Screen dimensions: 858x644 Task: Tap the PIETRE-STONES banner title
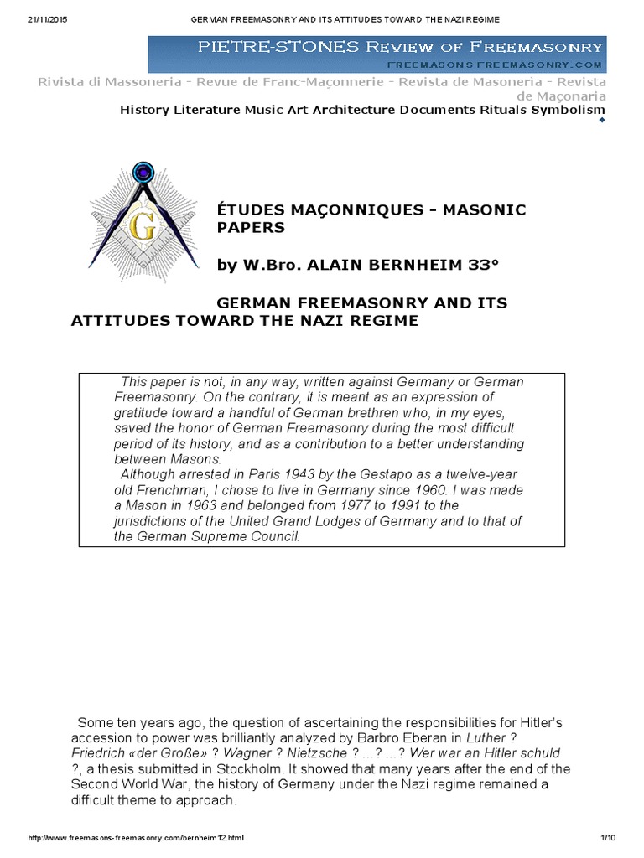point(399,47)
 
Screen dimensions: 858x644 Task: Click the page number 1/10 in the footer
point(608,838)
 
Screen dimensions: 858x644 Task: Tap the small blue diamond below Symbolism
point(600,121)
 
